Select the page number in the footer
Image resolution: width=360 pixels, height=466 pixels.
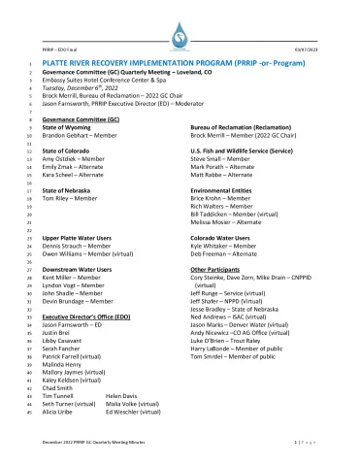point(309,441)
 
